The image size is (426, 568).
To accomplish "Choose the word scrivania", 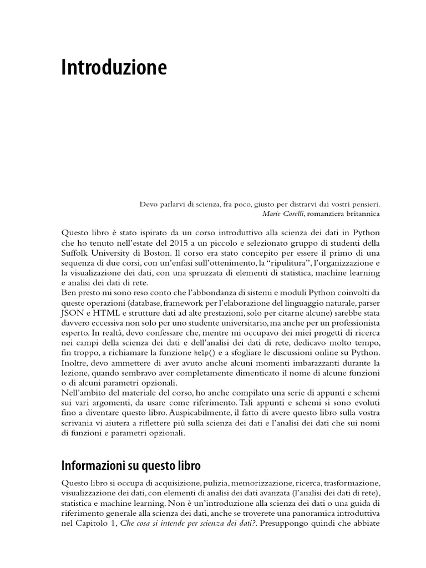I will pos(81,424).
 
